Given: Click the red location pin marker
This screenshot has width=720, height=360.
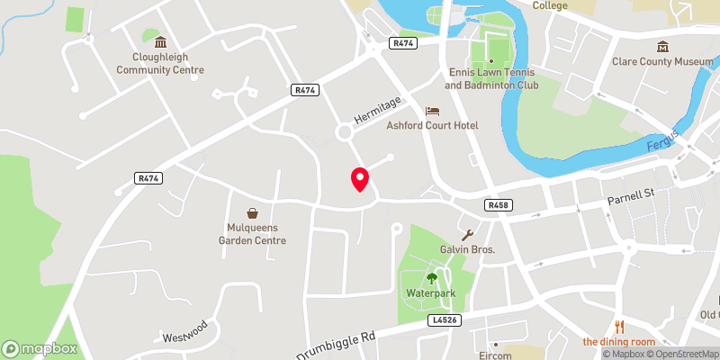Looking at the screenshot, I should click(360, 179).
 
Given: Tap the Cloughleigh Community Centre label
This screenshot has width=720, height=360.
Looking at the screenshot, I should click(160, 63).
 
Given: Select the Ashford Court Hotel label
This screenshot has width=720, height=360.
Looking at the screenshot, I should click(432, 125).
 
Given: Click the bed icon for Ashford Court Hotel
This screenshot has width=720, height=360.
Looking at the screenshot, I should click(433, 110).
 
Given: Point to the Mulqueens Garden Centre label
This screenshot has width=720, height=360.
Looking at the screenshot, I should click(253, 234).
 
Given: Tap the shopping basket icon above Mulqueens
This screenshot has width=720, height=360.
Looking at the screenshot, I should click(253, 213).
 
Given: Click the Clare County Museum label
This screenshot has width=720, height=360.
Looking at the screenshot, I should click(662, 62).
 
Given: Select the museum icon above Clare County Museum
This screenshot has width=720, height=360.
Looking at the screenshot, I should click(662, 46).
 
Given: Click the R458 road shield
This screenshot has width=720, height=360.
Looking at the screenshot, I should click(497, 205).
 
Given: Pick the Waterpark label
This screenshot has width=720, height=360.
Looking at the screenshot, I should click(431, 292).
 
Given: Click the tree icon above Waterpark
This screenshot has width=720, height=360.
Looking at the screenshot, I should click(431, 277).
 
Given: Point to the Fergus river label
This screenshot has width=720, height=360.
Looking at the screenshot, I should click(662, 142).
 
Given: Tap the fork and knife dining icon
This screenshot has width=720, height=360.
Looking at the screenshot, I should click(618, 326).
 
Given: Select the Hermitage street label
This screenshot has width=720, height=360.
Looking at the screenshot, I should click(376, 112).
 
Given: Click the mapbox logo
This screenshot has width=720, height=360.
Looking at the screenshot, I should click(40, 348).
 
